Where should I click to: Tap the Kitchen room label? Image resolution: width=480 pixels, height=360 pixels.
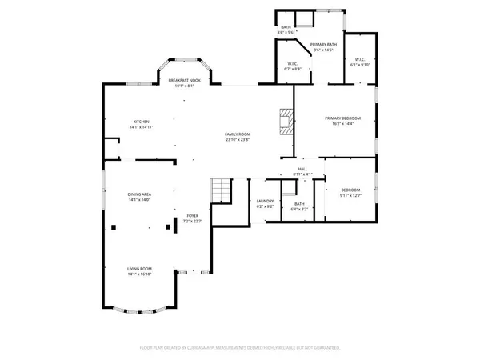click(x=141, y=122)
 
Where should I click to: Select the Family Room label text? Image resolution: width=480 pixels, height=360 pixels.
click(x=238, y=134)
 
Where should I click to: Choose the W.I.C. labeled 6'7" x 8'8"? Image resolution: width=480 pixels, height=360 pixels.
click(x=294, y=64)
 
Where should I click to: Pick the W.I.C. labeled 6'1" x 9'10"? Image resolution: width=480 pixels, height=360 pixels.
click(x=359, y=60)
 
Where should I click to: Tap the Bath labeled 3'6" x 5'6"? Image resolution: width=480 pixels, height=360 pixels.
click(x=286, y=28)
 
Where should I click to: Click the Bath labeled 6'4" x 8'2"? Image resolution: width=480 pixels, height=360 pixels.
click(x=299, y=203)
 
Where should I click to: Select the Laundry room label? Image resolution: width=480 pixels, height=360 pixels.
click(x=266, y=202)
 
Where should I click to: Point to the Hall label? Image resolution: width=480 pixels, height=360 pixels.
click(x=303, y=169)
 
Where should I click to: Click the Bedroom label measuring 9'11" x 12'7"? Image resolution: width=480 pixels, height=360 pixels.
click(x=350, y=190)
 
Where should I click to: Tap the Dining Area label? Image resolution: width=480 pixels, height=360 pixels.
click(x=140, y=194)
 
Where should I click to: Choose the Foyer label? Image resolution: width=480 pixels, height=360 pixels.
click(x=193, y=216)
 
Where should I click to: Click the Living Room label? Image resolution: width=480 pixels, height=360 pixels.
click(x=140, y=268)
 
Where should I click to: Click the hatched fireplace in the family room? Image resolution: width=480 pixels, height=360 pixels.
click(x=286, y=122)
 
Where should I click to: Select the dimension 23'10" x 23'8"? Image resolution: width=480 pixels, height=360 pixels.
click(x=238, y=139)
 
